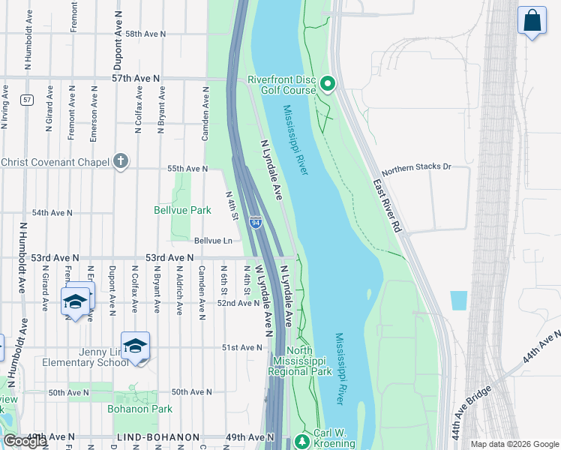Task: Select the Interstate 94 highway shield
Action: click(256, 223)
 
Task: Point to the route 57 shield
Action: click(27, 100)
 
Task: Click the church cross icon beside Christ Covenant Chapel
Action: click(120, 161)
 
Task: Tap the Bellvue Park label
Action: click(182, 211)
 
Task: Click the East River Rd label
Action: click(389, 202)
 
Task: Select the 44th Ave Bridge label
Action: click(472, 412)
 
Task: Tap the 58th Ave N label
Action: click(145, 34)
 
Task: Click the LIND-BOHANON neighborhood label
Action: click(158, 437)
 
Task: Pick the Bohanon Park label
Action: click(139, 409)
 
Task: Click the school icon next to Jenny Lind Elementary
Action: click(135, 346)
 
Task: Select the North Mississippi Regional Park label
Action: click(300, 361)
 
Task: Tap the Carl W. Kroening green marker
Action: click(302, 440)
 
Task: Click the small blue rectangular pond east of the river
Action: click(458, 301)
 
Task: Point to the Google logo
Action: click(24, 441)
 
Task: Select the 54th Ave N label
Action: click(52, 213)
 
